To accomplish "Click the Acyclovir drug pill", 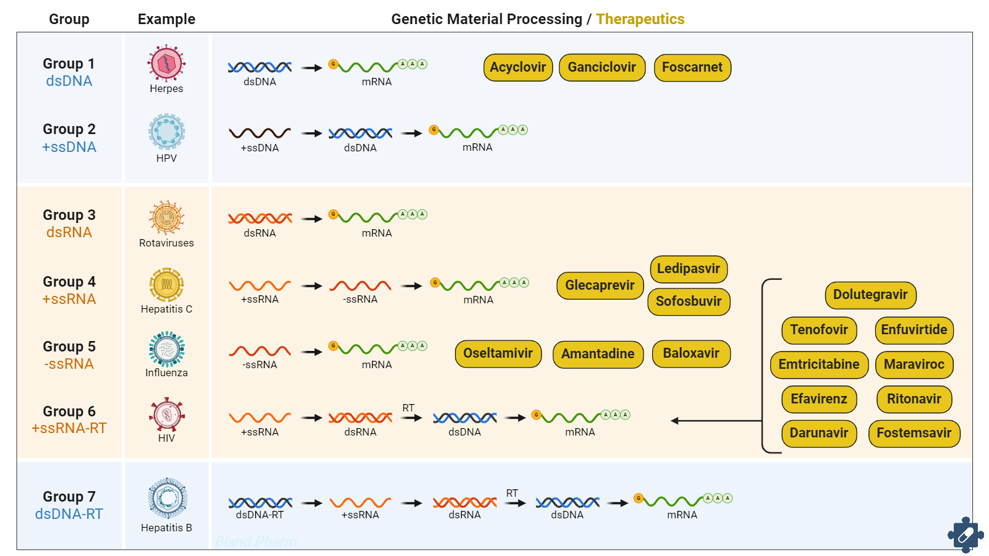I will pos(518,67).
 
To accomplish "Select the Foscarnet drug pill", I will pos(692,67).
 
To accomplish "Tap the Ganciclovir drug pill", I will pos(602,67).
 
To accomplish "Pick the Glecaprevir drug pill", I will pos(600,285).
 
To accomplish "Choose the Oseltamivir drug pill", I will pos(498,353).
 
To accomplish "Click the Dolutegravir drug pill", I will pos(870,295).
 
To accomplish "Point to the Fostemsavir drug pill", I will pos(914,433).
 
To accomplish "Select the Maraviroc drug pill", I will pos(914,364).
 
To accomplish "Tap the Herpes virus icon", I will pos(166,63).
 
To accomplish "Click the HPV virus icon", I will pos(166,132).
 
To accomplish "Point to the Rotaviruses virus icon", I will pos(166,217).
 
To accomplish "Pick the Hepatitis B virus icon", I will pos(167,498).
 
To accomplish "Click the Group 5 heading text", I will pos(69,347).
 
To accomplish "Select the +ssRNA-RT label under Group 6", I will pos(69,428).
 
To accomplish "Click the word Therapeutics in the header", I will pos(640,19).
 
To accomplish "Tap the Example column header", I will pos(166,19).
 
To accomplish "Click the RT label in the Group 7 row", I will pos(512,493).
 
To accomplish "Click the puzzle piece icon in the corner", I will pos(966,534).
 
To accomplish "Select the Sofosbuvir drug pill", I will pos(689,301).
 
